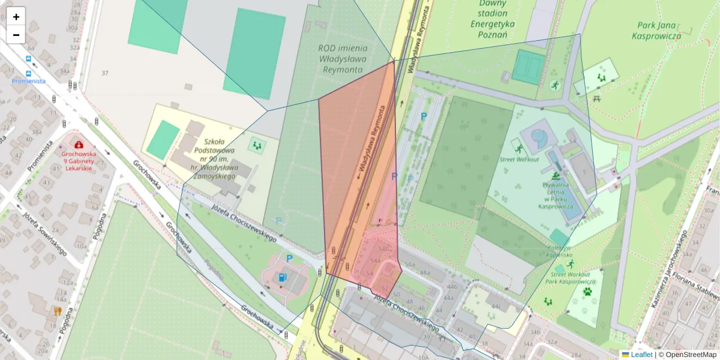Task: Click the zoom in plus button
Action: pyautogui.click(x=16, y=16)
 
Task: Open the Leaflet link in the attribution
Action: pyautogui.click(x=641, y=355)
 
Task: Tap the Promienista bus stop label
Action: pyautogui.click(x=28, y=81)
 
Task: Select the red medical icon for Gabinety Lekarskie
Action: pyautogui.click(x=79, y=145)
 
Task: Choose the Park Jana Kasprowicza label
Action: pyautogui.click(x=656, y=31)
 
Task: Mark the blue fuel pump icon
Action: pyautogui.click(x=282, y=277)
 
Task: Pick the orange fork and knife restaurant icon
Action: pyautogui.click(x=58, y=311)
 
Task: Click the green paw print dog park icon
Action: pyautogui.click(x=587, y=292)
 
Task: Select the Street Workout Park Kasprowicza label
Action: pyautogui.click(x=572, y=278)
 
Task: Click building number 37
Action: pyautogui.click(x=105, y=73)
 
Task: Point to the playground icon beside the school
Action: pyautogui.click(x=258, y=145)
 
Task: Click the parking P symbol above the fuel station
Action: pyautogui.click(x=289, y=259)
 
